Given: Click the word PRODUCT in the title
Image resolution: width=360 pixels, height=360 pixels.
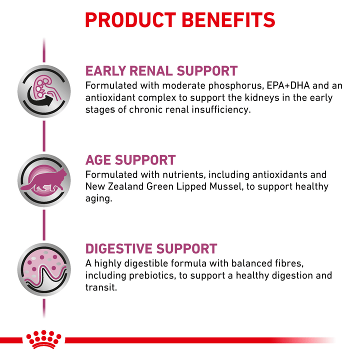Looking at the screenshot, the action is coord(130,20).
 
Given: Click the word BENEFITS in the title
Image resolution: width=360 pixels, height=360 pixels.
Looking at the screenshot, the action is coord(228,20).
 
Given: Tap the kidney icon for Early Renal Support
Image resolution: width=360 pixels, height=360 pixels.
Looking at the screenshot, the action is coord(44,91).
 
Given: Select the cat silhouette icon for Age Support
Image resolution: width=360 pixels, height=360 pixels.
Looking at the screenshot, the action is coord(44,180).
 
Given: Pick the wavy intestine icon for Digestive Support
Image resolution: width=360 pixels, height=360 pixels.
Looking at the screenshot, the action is coord(44,269).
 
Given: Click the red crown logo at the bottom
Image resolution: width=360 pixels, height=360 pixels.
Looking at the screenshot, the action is coord(43,339).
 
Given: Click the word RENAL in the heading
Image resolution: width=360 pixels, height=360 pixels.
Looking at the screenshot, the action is coord(151,70).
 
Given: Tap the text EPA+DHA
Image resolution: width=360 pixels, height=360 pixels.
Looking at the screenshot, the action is coord(288,85).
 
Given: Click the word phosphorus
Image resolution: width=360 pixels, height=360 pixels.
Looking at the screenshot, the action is coord(235,86).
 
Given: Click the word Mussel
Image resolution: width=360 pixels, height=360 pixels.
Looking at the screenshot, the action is coord(226,186).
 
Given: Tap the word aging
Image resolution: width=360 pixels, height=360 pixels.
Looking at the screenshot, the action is coord(98,199).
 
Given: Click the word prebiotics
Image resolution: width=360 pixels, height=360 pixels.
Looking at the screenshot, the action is coord(152,275).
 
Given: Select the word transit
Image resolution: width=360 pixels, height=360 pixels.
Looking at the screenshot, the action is coord(101,287).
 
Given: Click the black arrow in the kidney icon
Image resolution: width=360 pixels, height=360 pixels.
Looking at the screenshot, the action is coord(40,97).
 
